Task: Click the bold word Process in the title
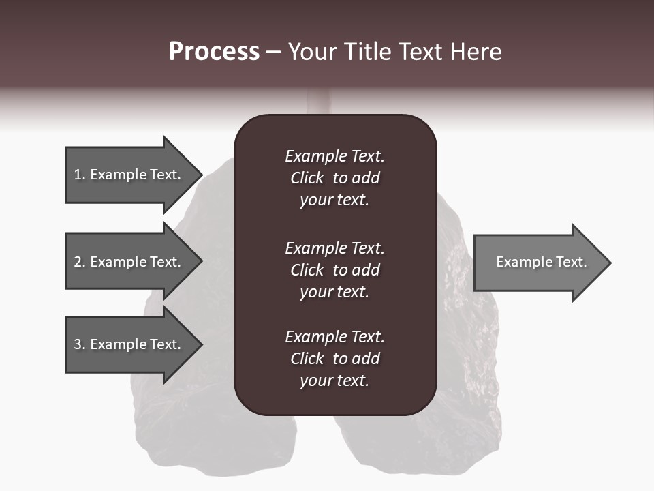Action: pos(214,52)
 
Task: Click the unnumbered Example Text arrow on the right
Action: pos(541,262)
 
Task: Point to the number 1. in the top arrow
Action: pos(79,175)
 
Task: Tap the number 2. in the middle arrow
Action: pos(79,262)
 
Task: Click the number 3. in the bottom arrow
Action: pos(79,344)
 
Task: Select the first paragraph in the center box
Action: pos(334,178)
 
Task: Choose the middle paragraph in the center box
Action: pos(334,270)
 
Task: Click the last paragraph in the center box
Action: pos(334,359)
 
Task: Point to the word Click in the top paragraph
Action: pos(307,178)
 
